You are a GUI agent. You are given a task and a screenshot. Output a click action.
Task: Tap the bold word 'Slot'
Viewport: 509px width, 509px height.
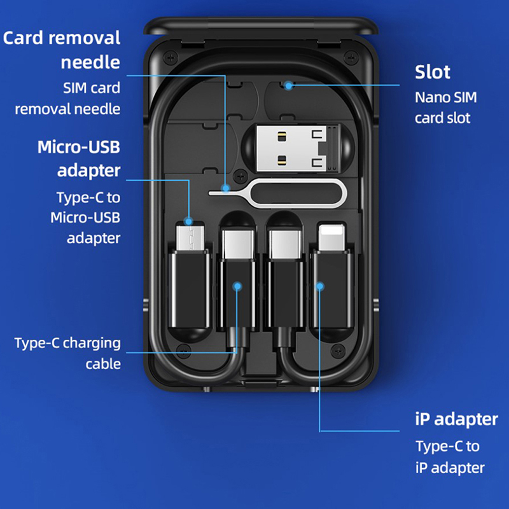(433, 71)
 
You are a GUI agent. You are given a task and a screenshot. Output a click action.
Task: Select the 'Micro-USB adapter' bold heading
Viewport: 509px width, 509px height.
(79, 158)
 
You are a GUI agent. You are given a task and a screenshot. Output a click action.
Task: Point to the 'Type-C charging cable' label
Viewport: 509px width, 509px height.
(68, 353)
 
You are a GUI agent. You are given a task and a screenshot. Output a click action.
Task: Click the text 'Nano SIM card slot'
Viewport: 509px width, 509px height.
(445, 108)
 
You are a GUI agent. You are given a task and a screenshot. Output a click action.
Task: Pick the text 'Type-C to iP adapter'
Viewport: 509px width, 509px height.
(450, 456)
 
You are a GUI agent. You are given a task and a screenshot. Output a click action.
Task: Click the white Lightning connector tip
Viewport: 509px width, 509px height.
(331, 240)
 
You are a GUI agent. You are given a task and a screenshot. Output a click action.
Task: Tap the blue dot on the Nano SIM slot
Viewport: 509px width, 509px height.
(288, 84)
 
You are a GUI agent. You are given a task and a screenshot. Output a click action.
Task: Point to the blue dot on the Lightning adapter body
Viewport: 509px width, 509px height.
(319, 287)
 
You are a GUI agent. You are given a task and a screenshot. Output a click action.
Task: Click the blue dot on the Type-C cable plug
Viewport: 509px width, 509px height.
(237, 287)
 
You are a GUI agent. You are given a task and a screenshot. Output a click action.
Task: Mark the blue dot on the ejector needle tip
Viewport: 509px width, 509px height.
(225, 188)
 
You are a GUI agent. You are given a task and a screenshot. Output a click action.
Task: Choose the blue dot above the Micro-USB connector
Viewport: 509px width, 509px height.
(188, 221)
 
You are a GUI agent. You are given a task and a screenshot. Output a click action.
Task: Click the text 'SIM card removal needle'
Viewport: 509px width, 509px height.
(68, 99)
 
